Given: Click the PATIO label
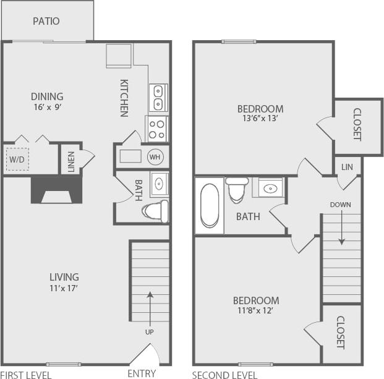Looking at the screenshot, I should pos(46,21).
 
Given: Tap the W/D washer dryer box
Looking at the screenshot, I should pos(17,158).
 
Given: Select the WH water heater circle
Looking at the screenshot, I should pos(155,157).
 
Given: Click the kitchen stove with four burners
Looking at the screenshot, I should pos(157,129).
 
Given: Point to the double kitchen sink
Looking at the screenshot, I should pos(158,97).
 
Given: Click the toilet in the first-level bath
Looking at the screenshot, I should pos(155,211).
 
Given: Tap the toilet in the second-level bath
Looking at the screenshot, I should pos(236,190).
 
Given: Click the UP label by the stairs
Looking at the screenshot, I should pos(150,332).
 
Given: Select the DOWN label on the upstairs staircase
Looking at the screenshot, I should pos(340,204).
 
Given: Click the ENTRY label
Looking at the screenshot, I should pos(142,373).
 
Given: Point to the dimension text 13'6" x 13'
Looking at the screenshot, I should pos(260,119).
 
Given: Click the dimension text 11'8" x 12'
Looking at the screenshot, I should pos(255,310).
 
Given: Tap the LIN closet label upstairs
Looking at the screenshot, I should pos(347,167).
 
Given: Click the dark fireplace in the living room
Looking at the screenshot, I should pos(56,189).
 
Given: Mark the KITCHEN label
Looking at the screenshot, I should pos(124,98).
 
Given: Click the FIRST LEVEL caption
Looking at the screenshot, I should pos(26,374).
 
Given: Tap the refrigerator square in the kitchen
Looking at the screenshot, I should pos(118,55).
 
